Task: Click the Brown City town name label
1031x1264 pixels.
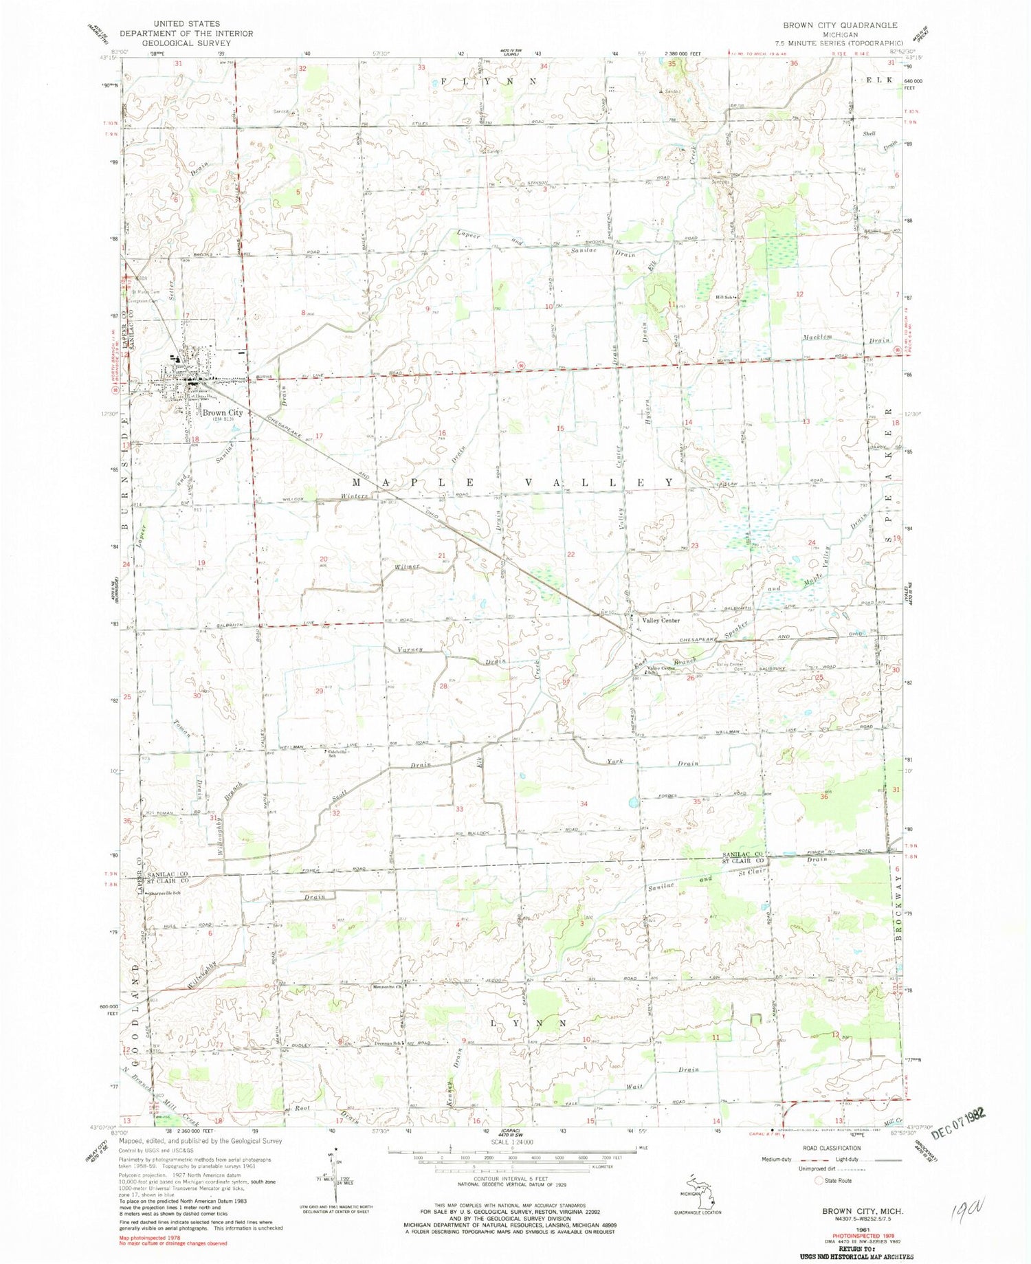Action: click(222, 413)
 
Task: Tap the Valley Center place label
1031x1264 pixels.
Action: click(660, 620)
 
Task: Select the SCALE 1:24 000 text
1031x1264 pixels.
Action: click(511, 1142)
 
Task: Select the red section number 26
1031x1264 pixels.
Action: click(689, 678)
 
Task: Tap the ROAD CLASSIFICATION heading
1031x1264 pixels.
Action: click(831, 1149)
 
